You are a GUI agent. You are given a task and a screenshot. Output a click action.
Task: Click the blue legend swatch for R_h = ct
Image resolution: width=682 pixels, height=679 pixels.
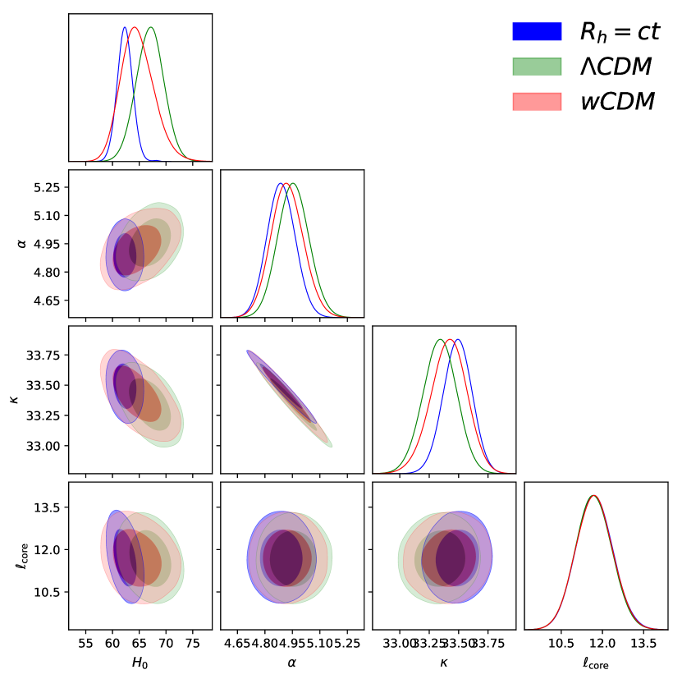click(537, 32)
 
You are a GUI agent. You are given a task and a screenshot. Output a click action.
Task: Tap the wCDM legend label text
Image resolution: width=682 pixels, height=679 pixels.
click(616, 102)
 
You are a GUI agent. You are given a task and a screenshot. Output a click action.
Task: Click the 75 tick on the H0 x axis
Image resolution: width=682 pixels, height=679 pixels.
click(193, 645)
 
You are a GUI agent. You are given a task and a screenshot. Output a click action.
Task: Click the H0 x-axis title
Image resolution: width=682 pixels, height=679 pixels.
click(140, 662)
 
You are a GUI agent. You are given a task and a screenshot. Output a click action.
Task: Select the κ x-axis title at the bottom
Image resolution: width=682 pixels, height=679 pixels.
click(444, 662)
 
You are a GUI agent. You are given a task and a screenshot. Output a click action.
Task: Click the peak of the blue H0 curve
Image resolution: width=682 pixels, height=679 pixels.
click(125, 28)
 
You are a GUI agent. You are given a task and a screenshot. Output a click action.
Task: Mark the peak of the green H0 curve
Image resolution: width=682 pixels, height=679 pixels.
click(150, 28)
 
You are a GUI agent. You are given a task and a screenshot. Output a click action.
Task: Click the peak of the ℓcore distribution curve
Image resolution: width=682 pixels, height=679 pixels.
click(593, 496)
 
